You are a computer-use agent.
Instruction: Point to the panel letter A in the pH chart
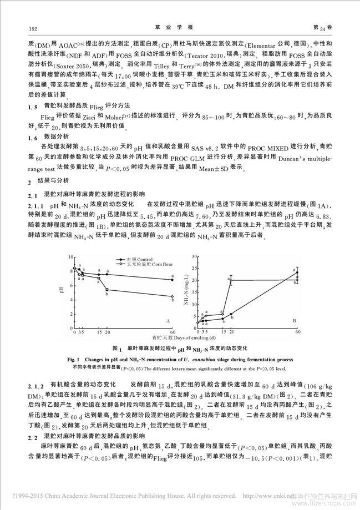(168, 322)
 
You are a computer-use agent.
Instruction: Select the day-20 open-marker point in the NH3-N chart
(231, 280)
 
